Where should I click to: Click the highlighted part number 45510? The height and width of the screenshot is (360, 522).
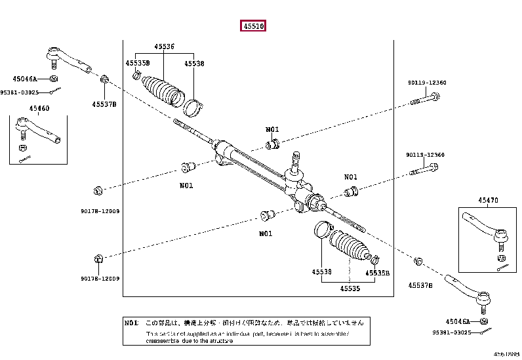click(252, 27)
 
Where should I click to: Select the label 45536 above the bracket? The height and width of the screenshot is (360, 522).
click(164, 47)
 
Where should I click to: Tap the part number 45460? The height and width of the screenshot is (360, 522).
click(39, 109)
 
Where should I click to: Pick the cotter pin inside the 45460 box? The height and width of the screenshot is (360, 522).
click(26, 156)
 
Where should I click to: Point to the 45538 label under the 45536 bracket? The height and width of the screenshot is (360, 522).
click(194, 64)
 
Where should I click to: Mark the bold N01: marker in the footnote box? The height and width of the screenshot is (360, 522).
click(132, 323)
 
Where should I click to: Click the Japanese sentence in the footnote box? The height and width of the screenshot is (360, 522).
click(254, 323)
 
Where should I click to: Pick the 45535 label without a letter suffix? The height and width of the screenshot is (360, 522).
click(350, 287)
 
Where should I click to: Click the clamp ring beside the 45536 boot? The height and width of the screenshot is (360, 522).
click(193, 105)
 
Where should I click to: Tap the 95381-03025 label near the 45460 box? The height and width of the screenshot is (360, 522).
click(19, 92)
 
